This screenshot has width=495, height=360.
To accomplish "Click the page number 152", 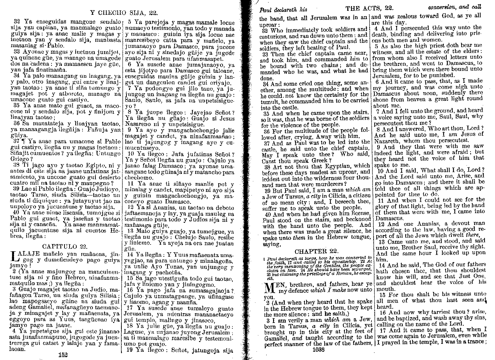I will pos(63,355).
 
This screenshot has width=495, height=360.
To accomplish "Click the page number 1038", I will pos(319,349).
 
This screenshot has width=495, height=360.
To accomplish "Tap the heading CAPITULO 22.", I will pos(64,246).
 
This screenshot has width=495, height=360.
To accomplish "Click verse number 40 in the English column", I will pos(267,214).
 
